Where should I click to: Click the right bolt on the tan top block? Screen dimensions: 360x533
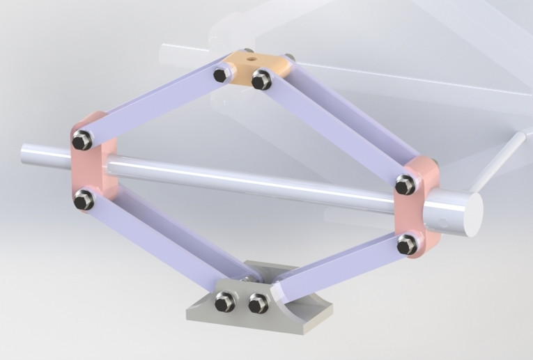[261, 80]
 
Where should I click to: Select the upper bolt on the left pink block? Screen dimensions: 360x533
[82, 141]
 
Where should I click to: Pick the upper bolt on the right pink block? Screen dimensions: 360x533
[405, 185]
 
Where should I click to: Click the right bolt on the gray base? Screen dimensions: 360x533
[258, 304]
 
